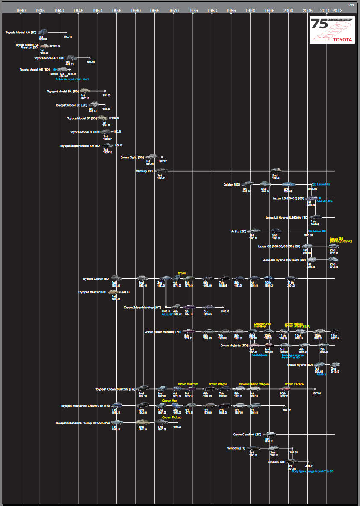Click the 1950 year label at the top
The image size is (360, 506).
coord(97,10)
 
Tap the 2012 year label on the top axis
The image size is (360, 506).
coord(337,10)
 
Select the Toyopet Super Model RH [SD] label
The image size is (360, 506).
coord(80,146)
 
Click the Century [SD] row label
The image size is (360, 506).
coord(145,171)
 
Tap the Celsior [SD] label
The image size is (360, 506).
coord(232,185)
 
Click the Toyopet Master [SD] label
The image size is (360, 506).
coord(92,292)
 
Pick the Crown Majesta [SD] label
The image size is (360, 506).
coord(234,345)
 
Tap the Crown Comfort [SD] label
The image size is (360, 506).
coord(247,435)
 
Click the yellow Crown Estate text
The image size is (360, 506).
coord(294,384)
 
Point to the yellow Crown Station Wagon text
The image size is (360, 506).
coord(254,384)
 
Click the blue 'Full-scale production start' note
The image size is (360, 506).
coord(72,79)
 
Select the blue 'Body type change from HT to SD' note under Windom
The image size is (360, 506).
coord(312,471)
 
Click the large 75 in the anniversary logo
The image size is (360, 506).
coord(319,25)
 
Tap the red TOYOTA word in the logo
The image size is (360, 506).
coord(343,39)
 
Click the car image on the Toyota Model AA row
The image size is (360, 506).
coord(43,32)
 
